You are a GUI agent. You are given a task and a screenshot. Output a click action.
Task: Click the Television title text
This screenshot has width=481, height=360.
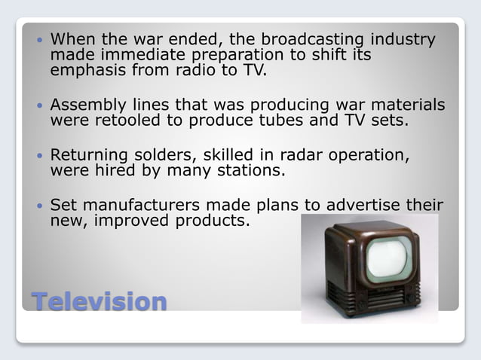click(x=99, y=301)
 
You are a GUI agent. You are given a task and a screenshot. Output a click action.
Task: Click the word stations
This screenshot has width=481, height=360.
click(x=248, y=170)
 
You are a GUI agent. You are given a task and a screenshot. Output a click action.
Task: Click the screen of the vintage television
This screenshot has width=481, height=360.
click(x=388, y=257)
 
